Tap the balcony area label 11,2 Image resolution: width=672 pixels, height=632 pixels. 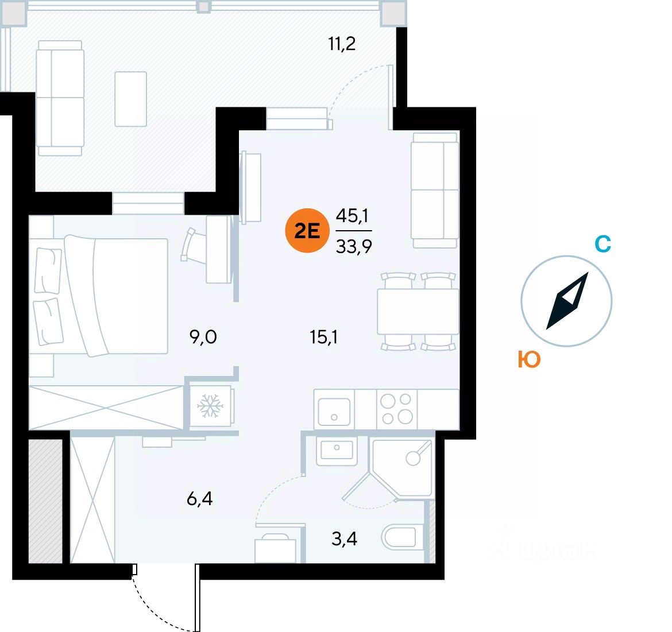click(342, 43)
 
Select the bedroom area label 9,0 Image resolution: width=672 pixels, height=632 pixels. click(203, 336)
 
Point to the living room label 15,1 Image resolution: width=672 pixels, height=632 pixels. click(324, 336)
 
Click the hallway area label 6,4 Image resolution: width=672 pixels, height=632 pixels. click(199, 499)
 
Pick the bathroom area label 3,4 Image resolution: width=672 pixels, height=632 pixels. click(344, 539)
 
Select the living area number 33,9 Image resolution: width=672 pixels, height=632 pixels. click(354, 246)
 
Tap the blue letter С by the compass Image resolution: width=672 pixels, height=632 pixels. click(603, 245)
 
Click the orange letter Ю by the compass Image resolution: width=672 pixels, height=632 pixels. click(528, 360)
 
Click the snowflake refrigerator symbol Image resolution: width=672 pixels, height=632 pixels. click(210, 406)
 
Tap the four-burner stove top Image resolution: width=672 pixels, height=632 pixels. click(397, 409)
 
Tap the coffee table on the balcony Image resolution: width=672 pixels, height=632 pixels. click(131, 98)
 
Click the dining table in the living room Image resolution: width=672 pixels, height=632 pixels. click(418, 312)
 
